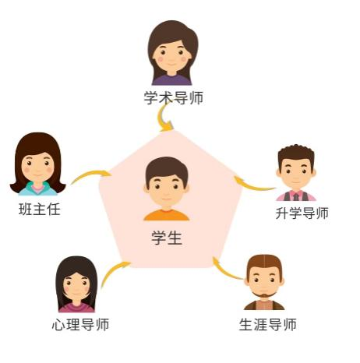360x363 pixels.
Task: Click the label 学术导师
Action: click(x=174, y=98)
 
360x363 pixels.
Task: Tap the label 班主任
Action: click(x=40, y=210)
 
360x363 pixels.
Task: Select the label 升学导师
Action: click(x=302, y=213)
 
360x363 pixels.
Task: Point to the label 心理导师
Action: click(x=80, y=325)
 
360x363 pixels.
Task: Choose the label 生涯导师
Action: click(x=267, y=325)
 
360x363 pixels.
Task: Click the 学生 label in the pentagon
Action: click(x=167, y=238)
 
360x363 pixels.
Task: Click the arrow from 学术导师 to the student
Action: click(x=161, y=117)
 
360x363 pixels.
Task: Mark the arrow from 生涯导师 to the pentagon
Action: click(x=225, y=271)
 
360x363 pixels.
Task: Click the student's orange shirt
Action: click(x=167, y=215)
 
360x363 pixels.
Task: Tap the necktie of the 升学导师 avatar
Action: click(x=296, y=197)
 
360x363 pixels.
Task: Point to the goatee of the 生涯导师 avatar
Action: click(x=264, y=295)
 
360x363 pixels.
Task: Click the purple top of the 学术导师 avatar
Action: click(x=171, y=80)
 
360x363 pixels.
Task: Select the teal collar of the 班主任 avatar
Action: click(x=38, y=189)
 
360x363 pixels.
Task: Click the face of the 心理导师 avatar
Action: click(x=76, y=285)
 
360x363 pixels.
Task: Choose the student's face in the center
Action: click(x=166, y=191)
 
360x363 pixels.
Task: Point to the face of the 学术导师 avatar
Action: click(x=171, y=55)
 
